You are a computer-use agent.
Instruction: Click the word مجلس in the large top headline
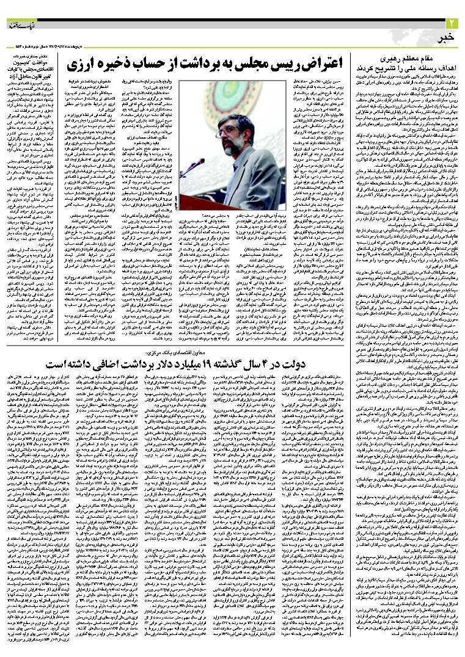tap(255, 63)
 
